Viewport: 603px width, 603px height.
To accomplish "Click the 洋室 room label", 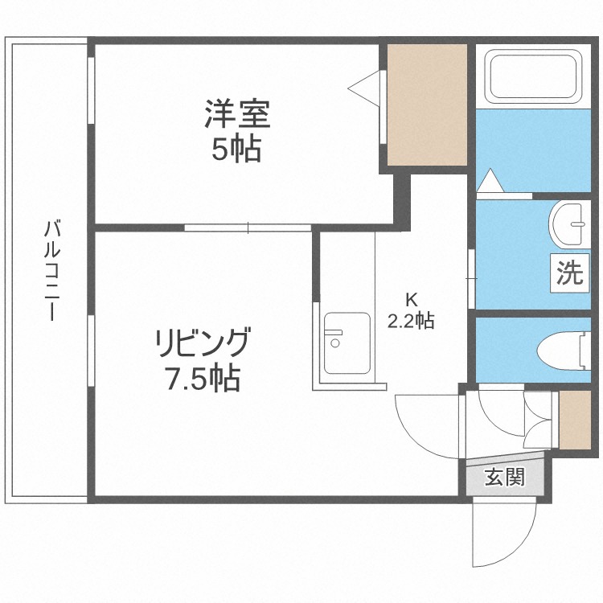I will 236,114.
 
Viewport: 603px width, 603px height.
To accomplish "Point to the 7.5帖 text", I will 203,378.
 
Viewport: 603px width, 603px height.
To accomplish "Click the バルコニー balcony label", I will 51,270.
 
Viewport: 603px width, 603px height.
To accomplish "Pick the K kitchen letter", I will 411,301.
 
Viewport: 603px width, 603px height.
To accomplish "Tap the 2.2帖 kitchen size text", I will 411,322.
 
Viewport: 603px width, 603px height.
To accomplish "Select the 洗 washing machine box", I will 569,273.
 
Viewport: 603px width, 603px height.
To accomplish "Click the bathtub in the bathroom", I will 533,76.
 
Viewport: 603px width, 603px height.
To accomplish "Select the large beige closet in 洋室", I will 427,105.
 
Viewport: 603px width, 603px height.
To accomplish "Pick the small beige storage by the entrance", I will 574,420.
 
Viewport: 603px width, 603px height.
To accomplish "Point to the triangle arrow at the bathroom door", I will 490,181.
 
